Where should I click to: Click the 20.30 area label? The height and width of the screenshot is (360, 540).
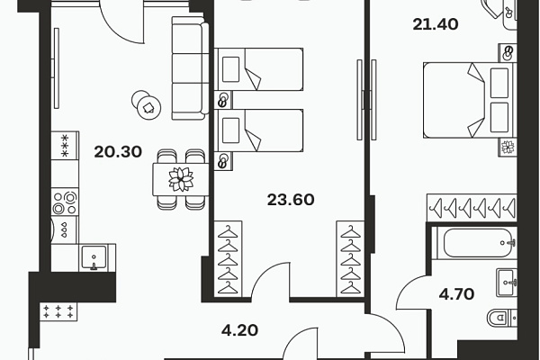pyautogui.click(x=118, y=152)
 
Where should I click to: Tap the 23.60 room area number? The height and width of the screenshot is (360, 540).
pyautogui.click(x=291, y=200)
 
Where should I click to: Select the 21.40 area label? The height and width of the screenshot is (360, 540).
pyautogui.click(x=436, y=24)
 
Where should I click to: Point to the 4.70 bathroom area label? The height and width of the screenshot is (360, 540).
pyautogui.click(x=456, y=294)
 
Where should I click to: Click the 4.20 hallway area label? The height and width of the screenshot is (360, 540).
pyautogui.click(x=239, y=330)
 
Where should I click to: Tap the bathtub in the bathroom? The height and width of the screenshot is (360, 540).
pyautogui.click(x=474, y=243)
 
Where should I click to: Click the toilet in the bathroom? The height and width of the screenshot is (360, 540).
pyautogui.click(x=502, y=318)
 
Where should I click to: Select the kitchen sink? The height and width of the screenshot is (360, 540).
pyautogui.click(x=94, y=257)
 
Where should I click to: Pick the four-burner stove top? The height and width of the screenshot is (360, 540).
pyautogui.click(x=65, y=202)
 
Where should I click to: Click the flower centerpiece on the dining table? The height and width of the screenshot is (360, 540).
pyautogui.click(x=181, y=179)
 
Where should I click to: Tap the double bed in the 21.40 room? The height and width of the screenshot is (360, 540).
pyautogui.click(x=470, y=100)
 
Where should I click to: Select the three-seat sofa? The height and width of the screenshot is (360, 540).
pyautogui.click(x=190, y=68)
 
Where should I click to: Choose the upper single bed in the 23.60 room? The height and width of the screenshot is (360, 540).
pyautogui.click(x=258, y=69)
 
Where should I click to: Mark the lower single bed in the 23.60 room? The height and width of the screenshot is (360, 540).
pyautogui.click(x=258, y=130)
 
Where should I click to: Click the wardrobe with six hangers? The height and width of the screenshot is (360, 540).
pyautogui.click(x=472, y=208)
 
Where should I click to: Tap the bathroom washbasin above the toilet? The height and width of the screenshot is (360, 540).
pyautogui.click(x=507, y=283)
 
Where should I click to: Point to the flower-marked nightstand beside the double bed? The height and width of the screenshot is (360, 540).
pyautogui.click(x=508, y=148)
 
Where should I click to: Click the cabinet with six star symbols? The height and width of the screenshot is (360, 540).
pyautogui.click(x=58, y=313)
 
